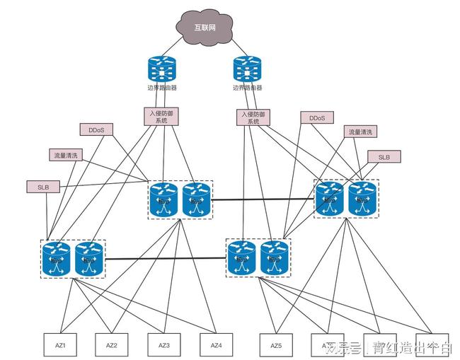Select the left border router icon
[x=162, y=70]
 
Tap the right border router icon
[x=247, y=70]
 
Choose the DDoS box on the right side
[x=316, y=118]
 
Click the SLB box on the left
[x=43, y=187]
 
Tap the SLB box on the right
[x=384, y=156]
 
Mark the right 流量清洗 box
[x=360, y=132]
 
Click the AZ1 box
[x=60, y=345]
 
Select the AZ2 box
[x=112, y=345]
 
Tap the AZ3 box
[x=164, y=345]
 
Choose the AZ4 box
[x=217, y=345]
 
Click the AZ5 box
[x=276, y=345]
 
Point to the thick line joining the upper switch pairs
[x=263, y=199]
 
